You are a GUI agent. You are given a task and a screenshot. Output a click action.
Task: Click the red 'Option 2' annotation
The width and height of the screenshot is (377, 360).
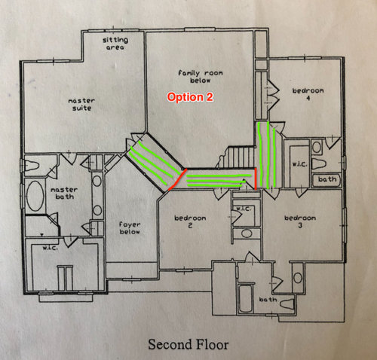[x=190, y=97]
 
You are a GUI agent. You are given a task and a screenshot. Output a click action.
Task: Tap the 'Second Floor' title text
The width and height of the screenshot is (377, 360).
[x=188, y=344]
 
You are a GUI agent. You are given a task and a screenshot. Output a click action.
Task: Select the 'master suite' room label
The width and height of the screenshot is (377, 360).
[x=81, y=105]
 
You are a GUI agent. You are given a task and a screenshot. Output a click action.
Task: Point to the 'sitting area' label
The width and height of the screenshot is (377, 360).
[x=115, y=44]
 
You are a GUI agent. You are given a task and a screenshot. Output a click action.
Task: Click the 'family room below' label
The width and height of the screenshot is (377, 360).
[x=201, y=77]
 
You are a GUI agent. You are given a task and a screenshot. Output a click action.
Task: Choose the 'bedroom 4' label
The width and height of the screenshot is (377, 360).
[x=308, y=94]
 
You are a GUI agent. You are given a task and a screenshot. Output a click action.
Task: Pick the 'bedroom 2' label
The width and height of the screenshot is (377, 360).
[x=190, y=221]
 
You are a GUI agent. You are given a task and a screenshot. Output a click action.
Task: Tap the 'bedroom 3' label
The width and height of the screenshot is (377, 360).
[x=300, y=221]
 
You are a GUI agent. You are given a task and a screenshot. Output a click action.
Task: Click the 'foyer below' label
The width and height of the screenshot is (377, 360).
[x=130, y=228]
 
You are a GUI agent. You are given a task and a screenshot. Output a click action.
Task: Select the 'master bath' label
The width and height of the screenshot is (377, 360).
[x=64, y=193]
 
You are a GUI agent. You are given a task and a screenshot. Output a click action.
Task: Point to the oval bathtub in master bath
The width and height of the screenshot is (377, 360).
[x=35, y=196]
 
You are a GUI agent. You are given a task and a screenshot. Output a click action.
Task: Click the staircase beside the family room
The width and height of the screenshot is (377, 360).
[x=236, y=157]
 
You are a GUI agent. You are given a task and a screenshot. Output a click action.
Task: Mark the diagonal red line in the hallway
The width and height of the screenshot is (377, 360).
[x=177, y=179]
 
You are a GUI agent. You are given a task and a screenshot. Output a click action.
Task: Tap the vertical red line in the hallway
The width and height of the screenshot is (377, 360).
[x=256, y=178]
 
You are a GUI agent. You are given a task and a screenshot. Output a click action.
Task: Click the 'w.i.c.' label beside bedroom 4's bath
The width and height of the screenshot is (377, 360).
[x=300, y=164]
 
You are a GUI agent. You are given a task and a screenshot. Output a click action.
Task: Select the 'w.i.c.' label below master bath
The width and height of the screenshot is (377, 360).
[x=50, y=248]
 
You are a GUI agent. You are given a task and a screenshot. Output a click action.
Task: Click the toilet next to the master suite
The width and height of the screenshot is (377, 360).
[x=32, y=166]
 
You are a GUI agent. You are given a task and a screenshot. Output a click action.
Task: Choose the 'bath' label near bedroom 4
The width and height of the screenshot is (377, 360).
[x=327, y=179]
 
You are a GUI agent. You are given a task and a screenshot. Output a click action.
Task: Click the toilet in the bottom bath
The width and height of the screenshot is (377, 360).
[x=287, y=304]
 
